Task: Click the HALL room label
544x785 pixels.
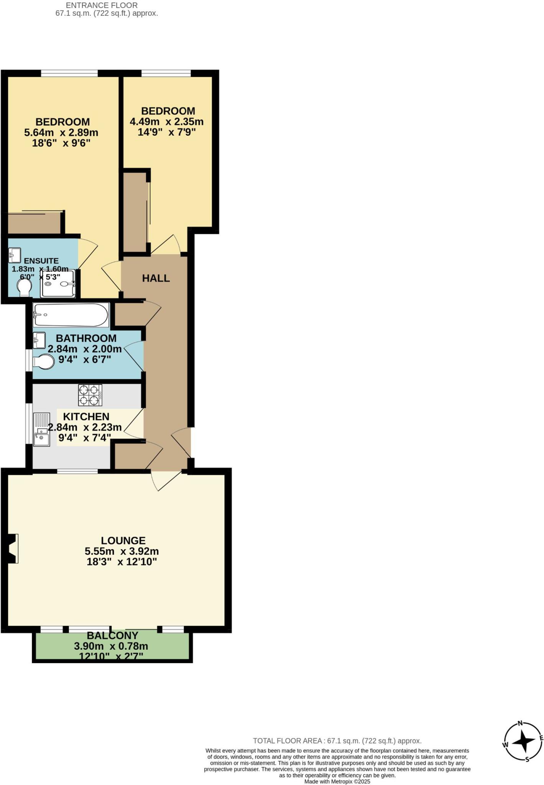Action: pyautogui.click(x=156, y=278)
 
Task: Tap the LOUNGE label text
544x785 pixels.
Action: pyautogui.click(x=123, y=540)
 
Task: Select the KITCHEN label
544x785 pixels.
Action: pyautogui.click(x=86, y=417)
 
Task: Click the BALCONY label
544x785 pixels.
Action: pyautogui.click(x=112, y=636)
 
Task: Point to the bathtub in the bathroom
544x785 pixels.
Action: pyautogui.click(x=71, y=315)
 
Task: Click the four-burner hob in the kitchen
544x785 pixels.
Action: pyautogui.click(x=90, y=395)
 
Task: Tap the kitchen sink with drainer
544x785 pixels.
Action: pyautogui.click(x=42, y=429)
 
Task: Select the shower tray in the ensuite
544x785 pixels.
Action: pyautogui.click(x=58, y=284)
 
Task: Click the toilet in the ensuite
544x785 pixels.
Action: pyautogui.click(x=25, y=287)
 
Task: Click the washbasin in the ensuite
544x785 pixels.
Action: pyautogui.click(x=15, y=255)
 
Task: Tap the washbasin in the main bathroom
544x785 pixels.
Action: pyautogui.click(x=39, y=340)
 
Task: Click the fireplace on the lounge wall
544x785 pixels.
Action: pyautogui.click(x=13, y=549)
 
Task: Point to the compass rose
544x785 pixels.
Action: pyautogui.click(x=523, y=741)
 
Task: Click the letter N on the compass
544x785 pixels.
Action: pyautogui.click(x=520, y=723)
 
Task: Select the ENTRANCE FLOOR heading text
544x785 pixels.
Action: pyautogui.click(x=102, y=5)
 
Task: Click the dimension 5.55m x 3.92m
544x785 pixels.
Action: pyautogui.click(x=122, y=552)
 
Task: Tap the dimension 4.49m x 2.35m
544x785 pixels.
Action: pyautogui.click(x=166, y=122)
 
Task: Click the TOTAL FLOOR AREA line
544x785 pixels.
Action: pyautogui.click(x=337, y=741)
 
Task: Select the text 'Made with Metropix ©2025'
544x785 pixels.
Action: pyautogui.click(x=337, y=782)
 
